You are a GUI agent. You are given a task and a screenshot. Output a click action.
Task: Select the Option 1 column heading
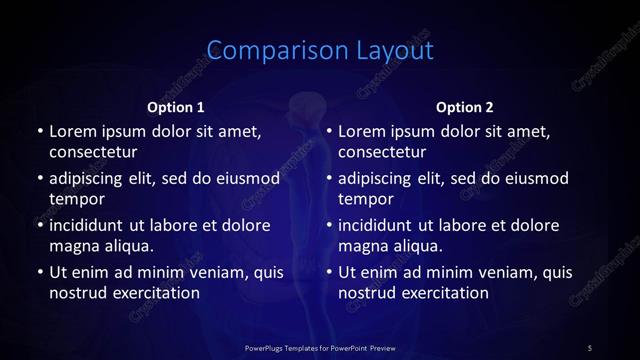tap(176, 107)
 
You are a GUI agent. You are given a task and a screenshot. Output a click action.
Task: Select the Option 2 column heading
tap(465, 107)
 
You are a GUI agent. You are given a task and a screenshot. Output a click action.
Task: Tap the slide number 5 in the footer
tap(590, 347)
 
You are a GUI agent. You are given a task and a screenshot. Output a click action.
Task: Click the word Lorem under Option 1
tap(71, 131)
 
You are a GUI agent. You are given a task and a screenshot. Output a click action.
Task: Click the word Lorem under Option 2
tap(361, 131)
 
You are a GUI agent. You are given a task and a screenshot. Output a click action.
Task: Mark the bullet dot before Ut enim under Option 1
tap(39, 272)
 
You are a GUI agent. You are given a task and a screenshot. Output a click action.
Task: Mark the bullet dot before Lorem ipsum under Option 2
tap(329, 131)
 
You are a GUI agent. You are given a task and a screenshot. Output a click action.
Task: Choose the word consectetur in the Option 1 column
tap(93, 152)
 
